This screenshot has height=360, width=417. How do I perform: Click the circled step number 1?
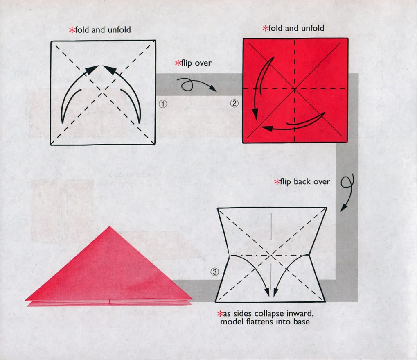pyautogui.click(x=163, y=104)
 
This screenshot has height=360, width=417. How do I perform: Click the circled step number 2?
pyautogui.click(x=234, y=103)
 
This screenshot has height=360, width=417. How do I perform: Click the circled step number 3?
pyautogui.click(x=215, y=271)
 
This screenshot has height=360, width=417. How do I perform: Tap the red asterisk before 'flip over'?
pyautogui.click(x=178, y=63)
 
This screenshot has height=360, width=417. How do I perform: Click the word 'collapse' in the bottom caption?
pyautogui.click(x=265, y=314)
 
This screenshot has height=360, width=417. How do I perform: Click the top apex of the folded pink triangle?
pyautogui.click(x=109, y=227)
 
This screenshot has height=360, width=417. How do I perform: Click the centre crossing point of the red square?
pyautogui.click(x=295, y=89)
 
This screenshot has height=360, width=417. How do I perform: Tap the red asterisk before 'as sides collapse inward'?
pyautogui.click(x=219, y=314)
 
